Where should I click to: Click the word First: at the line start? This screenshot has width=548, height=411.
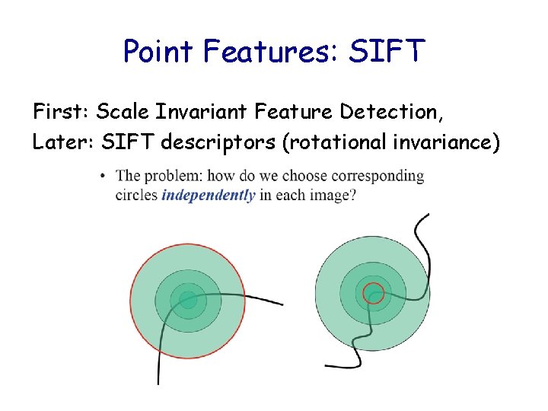coord(62,112)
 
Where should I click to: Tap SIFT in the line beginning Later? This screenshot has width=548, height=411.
coord(120,142)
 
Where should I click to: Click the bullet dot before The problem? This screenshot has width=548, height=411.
coord(103,177)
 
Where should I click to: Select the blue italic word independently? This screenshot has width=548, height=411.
coord(208,195)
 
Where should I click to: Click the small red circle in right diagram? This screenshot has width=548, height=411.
coord(373,292)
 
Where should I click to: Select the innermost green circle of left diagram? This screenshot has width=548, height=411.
coord(187,300)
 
